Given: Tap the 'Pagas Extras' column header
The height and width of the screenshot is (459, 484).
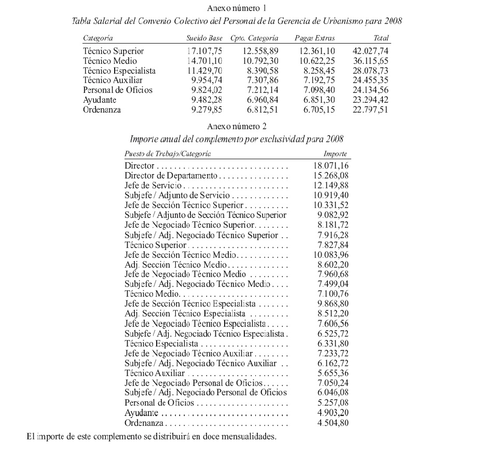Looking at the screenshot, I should (x=314, y=38).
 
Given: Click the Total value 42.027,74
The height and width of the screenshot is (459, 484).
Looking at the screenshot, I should (x=370, y=51).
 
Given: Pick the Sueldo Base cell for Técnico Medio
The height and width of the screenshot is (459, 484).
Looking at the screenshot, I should (x=206, y=61).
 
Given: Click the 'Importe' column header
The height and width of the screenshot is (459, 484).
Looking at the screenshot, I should (x=335, y=155).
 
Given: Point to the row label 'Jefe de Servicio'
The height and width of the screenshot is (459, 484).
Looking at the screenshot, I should (x=153, y=186).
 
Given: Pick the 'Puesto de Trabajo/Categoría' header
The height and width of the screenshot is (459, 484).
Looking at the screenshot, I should (x=168, y=155).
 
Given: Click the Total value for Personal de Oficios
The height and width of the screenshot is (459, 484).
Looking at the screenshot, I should (x=370, y=90).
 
